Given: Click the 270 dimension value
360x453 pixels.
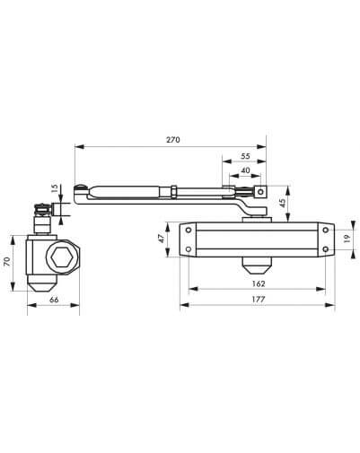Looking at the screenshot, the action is click(x=173, y=140).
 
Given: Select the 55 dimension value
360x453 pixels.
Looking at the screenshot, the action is click(x=245, y=156).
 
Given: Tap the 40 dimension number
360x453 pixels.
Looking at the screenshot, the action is click(x=245, y=170).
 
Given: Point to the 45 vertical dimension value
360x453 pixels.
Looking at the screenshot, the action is click(x=283, y=203).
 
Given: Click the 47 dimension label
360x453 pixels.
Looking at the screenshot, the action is click(x=162, y=239).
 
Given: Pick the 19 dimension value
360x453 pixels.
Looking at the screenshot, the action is click(x=347, y=239).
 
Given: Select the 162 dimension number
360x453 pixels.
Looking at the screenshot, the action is click(x=258, y=283).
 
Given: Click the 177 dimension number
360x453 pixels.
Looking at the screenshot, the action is click(x=258, y=299).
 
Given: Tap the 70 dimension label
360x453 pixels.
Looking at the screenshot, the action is click(x=7, y=261).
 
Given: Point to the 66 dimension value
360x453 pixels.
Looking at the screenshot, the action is click(x=54, y=300).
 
